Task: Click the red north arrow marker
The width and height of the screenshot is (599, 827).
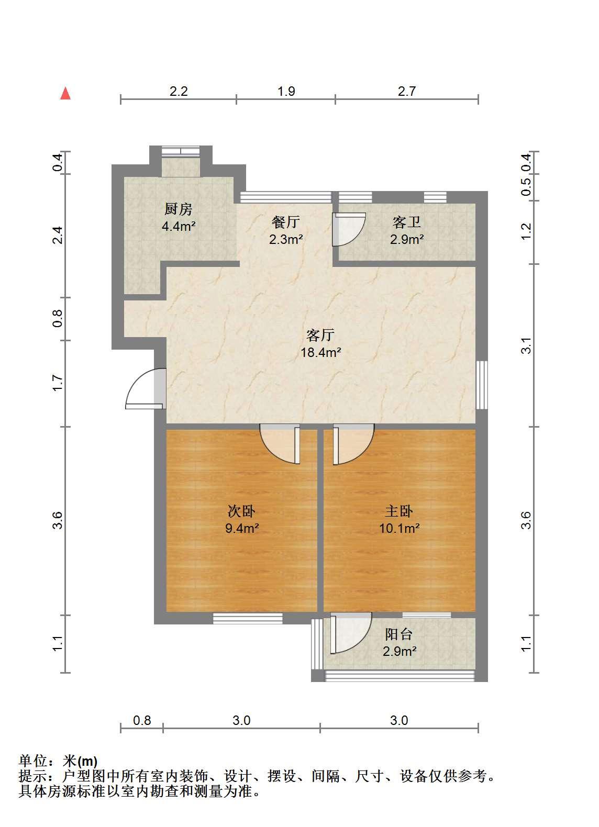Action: pos(66,93)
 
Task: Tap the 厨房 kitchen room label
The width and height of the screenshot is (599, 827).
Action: pos(179,209)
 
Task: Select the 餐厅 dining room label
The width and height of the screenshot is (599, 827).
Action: pos(286,222)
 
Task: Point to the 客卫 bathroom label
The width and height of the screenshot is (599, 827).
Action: pos(407,222)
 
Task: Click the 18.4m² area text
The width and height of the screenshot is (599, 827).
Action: pos(320,353)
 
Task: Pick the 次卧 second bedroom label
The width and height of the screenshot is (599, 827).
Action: pos(241,511)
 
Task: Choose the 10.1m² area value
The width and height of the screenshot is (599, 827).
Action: pos(399,528)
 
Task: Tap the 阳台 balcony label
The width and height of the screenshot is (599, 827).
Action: pos(399,634)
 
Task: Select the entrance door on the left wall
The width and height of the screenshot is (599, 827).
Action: pos(146,389)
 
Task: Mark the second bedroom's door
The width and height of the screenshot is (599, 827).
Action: pos(280,444)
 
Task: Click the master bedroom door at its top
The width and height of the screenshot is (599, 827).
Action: pos(353,444)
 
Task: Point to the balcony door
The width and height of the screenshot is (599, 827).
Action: pos(351,633)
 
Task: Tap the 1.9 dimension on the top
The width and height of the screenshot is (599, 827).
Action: pos(286,91)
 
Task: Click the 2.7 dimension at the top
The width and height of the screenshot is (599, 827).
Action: pos(407,91)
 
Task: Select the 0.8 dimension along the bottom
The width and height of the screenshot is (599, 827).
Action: pos(142,720)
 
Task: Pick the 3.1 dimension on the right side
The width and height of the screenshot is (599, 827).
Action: pos(526,345)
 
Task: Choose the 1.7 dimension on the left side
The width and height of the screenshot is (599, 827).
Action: pos(58,383)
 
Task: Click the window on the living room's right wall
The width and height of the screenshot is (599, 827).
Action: pos(482,385)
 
